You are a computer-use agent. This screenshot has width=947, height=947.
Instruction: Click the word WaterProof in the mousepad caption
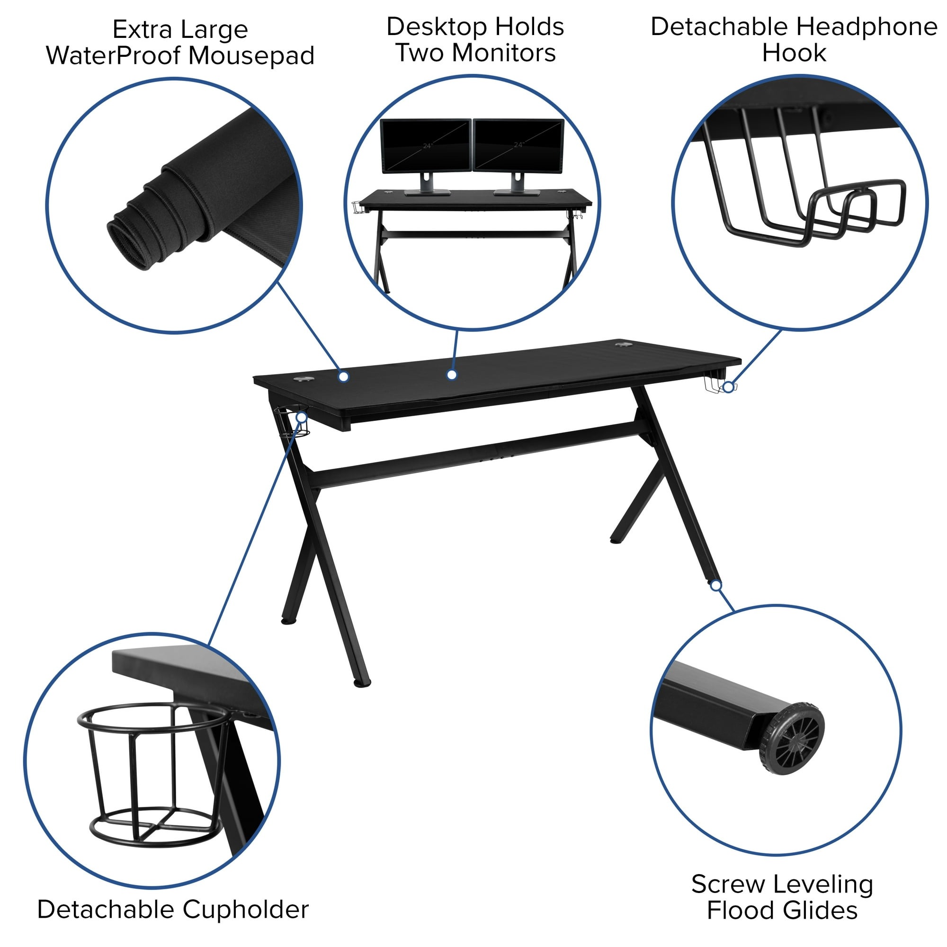115,55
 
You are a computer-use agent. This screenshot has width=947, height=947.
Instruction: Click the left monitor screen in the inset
426,145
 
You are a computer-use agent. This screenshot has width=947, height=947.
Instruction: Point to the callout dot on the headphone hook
728,387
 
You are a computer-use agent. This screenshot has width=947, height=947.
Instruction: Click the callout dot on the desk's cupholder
302,417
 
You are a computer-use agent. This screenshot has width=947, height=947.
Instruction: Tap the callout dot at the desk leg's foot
716,585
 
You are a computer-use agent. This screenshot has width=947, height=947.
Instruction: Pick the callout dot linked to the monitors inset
452,375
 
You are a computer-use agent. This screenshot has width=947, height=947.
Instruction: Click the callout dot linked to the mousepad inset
344,376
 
